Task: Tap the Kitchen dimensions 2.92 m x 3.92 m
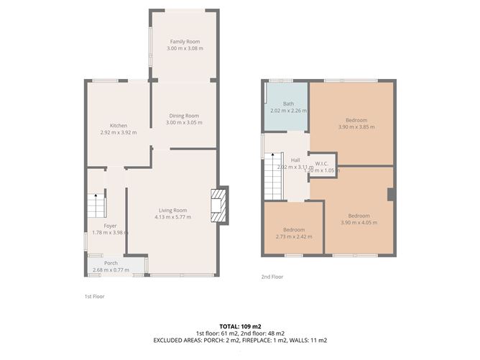tap(119, 132)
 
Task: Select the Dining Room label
tap(184, 116)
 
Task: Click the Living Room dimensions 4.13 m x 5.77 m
tap(172, 217)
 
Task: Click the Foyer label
tap(110, 226)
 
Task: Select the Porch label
tap(111, 263)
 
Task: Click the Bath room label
tap(288, 104)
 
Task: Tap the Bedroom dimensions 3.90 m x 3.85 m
tap(356, 126)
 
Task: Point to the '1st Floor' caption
tap(94, 295)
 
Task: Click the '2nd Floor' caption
tap(272, 277)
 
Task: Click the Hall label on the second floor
tap(295, 160)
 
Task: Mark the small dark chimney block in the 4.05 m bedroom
tap(390, 194)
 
